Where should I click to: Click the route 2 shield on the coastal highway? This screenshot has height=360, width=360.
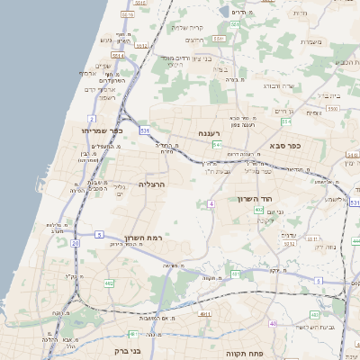92,119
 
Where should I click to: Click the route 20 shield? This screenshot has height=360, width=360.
76,243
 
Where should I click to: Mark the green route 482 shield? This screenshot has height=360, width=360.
109,283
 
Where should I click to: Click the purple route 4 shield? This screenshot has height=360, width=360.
211,204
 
